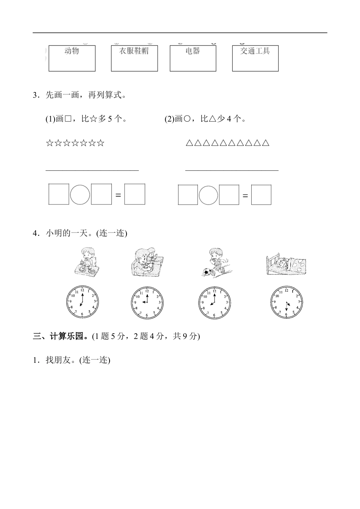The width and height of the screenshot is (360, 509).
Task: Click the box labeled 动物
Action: coord(72,58)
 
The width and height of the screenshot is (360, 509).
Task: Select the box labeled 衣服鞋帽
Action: coord(134,58)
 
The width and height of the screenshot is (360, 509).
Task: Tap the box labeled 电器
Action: coord(193,58)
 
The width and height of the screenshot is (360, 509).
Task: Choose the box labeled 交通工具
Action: coord(255,58)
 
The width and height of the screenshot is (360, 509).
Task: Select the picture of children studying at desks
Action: coord(147,261)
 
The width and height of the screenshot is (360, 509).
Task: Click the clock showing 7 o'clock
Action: coord(82,302)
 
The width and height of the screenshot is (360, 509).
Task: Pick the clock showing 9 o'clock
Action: coord(147,302)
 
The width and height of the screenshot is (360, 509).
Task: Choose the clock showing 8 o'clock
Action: coord(214,302)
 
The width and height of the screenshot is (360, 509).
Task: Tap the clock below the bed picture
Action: coord(287,302)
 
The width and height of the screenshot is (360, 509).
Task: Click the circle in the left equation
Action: coord(80,194)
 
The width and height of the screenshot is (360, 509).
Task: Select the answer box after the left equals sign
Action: coord(135,194)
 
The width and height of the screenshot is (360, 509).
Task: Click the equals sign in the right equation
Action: coord(245,196)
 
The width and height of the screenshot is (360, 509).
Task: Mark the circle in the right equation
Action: coord(208,195)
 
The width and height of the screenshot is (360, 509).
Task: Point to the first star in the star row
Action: coord(49,143)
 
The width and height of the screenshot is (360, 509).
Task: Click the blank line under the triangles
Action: coord(232,170)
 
